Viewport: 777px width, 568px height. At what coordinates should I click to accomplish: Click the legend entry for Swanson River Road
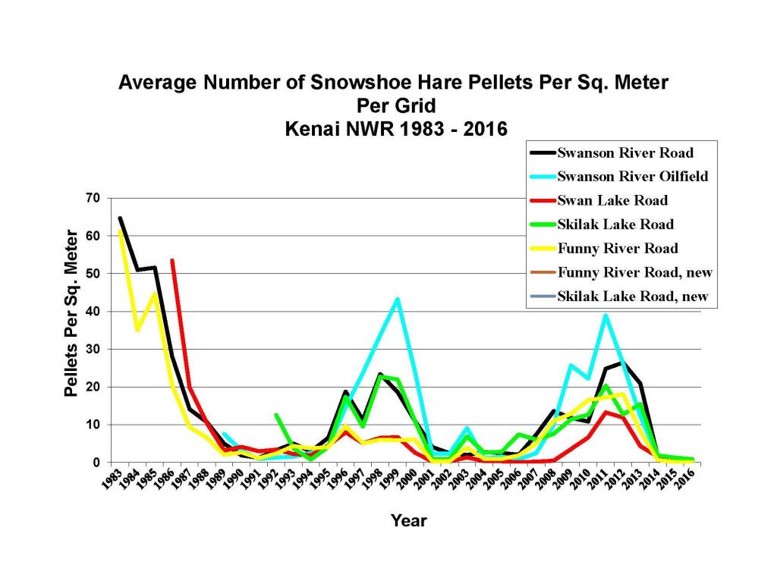tap(615, 152)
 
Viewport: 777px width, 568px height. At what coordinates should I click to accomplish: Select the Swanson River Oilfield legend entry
tap(622, 176)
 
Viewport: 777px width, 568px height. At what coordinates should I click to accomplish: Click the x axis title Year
tap(408, 521)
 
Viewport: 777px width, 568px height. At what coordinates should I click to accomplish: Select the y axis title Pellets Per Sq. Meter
tap(71, 312)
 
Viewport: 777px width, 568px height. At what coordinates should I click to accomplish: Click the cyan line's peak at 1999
tap(397, 299)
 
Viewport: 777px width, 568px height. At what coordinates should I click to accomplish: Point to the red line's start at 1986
tap(172, 260)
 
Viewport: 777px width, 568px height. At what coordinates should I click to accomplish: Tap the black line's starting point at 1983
tap(120, 218)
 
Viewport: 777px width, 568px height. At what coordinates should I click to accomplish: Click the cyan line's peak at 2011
tap(606, 315)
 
